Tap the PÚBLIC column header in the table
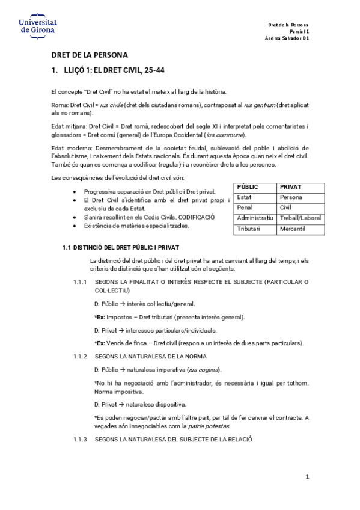(x=248, y=188)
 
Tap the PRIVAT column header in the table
(x=290, y=188)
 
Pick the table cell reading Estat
(x=245, y=197)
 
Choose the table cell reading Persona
(x=291, y=197)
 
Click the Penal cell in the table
(x=245, y=207)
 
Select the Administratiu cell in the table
(x=255, y=218)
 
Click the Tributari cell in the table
(x=249, y=229)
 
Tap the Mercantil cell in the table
(x=294, y=229)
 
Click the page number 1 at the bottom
(x=306, y=477)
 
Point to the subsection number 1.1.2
(x=80, y=356)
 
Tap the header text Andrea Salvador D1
(x=287, y=38)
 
